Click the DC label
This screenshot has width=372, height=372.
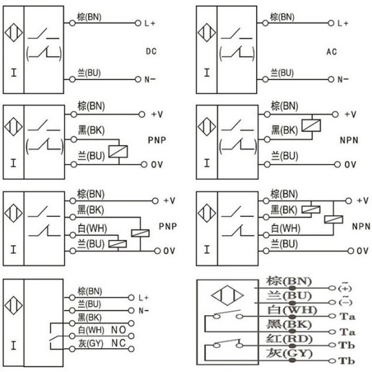(x=151, y=51)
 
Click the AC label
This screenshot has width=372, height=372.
(x=332, y=51)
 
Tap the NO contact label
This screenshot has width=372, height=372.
(x=118, y=330)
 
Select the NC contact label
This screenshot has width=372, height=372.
(x=118, y=343)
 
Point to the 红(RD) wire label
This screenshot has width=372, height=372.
(x=289, y=339)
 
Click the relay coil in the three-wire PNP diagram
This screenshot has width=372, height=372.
(x=118, y=152)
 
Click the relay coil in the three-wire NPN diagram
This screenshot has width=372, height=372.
(x=311, y=125)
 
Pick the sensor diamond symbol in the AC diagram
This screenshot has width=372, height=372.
(x=206, y=32)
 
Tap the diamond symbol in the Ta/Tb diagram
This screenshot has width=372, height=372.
(x=228, y=295)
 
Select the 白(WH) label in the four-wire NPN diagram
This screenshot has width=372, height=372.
(x=285, y=228)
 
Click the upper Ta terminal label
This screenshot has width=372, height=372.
(x=347, y=316)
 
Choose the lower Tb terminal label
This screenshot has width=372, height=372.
(x=347, y=361)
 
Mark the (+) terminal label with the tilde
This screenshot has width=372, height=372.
(x=345, y=287)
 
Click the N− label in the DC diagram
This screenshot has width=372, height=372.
(x=149, y=79)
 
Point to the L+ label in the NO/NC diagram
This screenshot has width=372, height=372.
(x=143, y=298)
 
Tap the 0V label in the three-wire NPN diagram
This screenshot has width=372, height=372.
(x=350, y=164)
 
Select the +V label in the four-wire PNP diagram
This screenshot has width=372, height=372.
(x=169, y=201)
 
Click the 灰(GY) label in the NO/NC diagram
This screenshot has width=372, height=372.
(x=91, y=343)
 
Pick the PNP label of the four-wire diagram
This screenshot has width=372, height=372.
(x=168, y=226)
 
